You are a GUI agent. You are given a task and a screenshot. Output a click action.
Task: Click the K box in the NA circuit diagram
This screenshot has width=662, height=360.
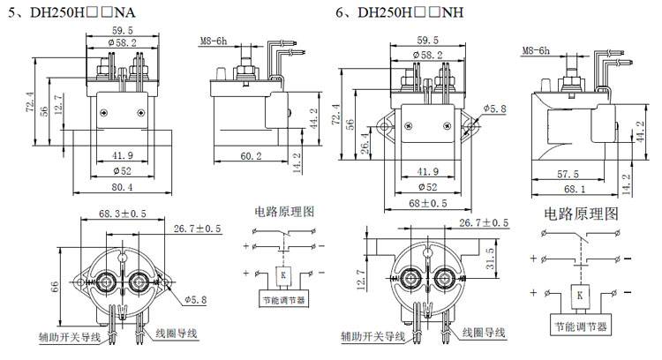click(282, 275)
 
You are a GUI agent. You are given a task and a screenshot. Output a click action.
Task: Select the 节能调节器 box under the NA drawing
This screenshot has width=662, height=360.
click(282, 300)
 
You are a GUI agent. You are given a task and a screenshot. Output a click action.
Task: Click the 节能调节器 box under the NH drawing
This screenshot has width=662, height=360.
click(580, 326)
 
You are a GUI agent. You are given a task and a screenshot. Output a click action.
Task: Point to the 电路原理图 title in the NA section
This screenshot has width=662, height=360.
click(282, 212)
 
